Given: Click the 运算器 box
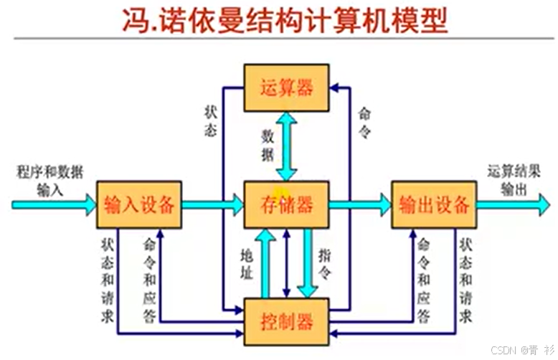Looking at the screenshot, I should click(286, 87).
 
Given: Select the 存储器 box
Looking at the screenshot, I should click(286, 204).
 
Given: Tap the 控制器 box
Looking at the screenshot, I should click(286, 321).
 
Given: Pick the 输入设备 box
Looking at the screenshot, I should click(139, 204).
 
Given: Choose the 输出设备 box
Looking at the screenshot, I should click(434, 204).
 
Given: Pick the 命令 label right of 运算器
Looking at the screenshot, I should click(365, 122).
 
